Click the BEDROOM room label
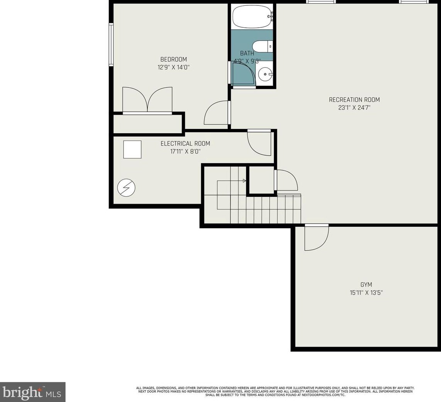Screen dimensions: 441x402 point(174,59)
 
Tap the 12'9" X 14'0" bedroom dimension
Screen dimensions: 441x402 point(174,67)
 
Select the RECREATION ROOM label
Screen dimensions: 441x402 point(354,100)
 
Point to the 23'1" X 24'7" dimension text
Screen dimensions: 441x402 point(354,107)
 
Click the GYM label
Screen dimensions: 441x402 point(366,285)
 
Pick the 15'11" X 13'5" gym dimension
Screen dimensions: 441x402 point(366,293)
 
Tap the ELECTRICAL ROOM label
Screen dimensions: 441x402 point(185,144)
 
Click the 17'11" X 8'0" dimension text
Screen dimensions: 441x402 point(185,152)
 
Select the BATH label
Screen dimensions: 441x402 point(247,53)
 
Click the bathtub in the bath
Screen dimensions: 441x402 point(252,17)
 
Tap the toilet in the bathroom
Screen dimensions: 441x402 point(262,47)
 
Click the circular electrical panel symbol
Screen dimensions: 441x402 point(126,188)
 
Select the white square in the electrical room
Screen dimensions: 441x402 point(132,149)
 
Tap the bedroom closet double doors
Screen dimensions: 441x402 point(147,100)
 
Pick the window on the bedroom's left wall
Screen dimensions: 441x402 point(111,45)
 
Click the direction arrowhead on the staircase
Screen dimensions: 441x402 point(245,181)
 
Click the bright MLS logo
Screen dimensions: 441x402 point(33,392)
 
